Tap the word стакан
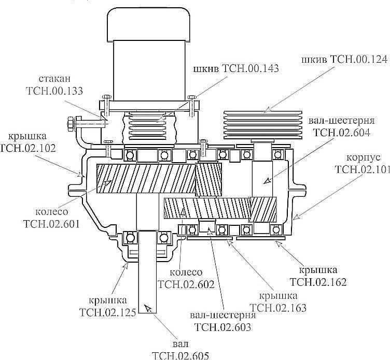[x=54, y=80]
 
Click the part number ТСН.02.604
[x=341, y=132]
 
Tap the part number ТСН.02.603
[x=222, y=327]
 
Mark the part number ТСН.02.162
[x=319, y=282]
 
